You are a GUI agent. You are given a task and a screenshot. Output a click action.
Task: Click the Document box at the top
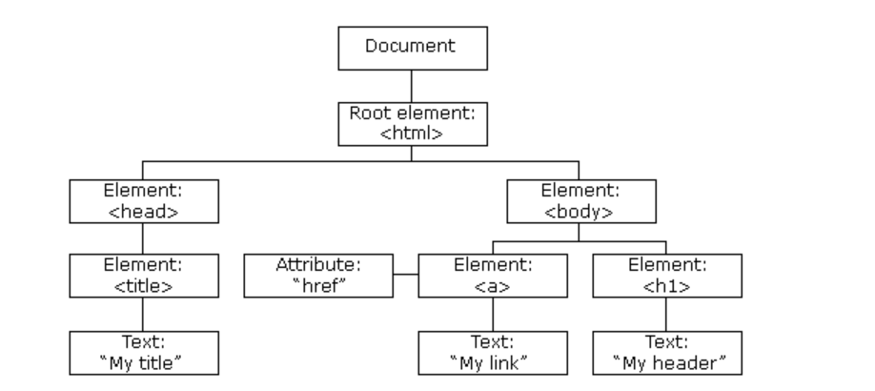(413, 48)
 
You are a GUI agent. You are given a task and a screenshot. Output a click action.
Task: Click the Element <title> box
(142, 275)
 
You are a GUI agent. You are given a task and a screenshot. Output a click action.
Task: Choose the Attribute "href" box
(320, 275)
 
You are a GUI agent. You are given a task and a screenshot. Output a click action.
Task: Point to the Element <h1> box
(667, 275)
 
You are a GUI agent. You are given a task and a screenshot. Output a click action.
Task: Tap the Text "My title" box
(142, 353)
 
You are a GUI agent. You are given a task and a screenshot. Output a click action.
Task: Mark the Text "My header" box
(667, 353)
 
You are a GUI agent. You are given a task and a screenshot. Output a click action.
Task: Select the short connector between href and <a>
(406, 276)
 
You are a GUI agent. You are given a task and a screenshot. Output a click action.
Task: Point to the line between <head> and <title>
(142, 236)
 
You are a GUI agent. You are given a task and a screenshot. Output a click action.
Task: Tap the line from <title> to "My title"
(142, 314)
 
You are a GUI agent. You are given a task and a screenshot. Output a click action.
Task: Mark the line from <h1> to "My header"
(667, 314)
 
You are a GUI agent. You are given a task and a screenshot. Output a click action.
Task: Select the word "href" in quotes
(320, 284)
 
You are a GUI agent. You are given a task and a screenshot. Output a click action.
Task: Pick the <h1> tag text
(667, 284)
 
